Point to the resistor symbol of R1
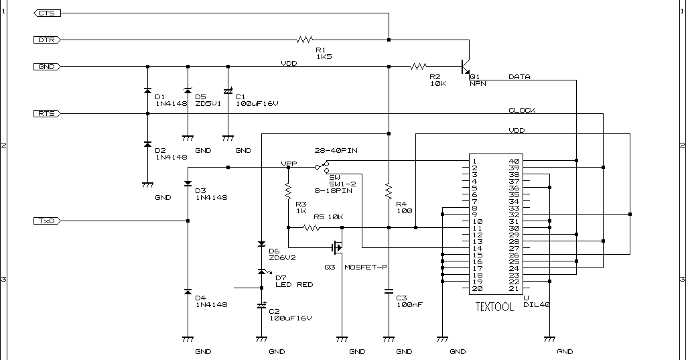point(305,40)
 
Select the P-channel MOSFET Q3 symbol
point(337,247)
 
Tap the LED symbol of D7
point(262,272)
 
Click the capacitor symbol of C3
point(389,292)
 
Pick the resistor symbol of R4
point(389,192)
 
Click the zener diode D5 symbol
point(188,91)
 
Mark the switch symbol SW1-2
point(324,166)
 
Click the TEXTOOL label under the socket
point(494,307)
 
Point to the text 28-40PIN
point(336,151)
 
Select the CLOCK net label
point(522,110)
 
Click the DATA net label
point(519,76)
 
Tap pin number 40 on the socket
point(514,161)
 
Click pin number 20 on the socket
point(475,288)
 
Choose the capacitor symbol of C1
point(228,91)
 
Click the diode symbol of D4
point(188,292)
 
